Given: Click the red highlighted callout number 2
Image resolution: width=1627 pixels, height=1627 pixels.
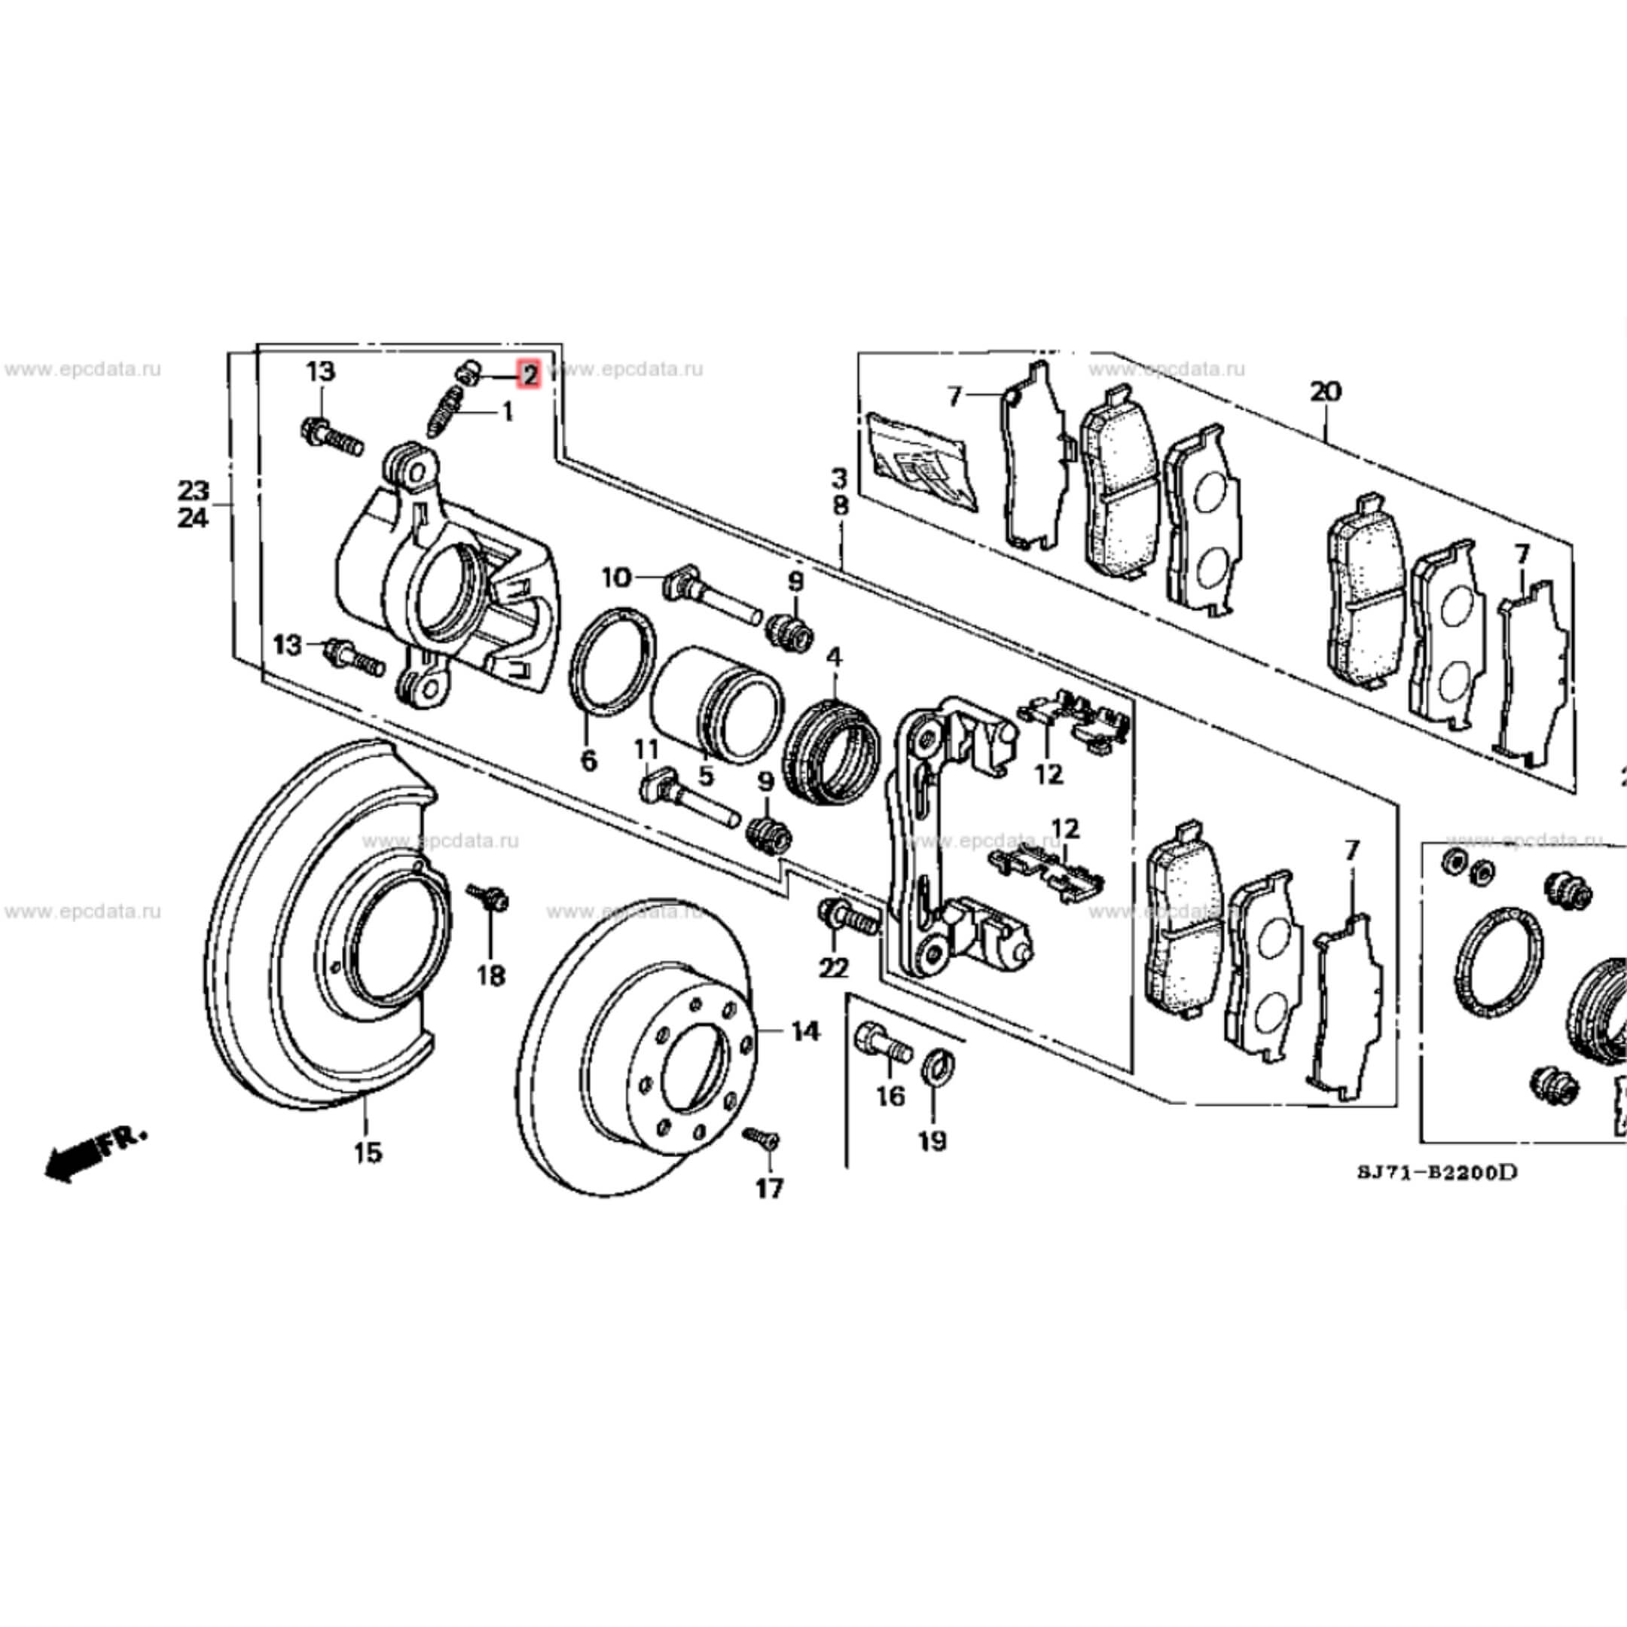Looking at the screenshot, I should (528, 375).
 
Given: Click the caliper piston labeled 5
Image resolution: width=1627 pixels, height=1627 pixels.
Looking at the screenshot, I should (716, 704).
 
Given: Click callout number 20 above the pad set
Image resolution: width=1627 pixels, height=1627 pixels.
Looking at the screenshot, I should (1326, 392).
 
